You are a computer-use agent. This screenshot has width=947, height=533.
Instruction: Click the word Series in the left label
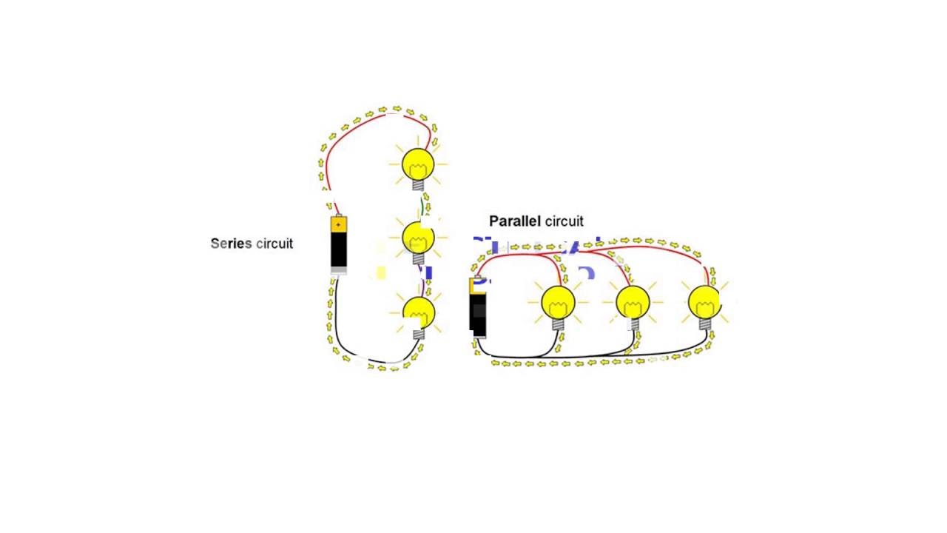(x=231, y=244)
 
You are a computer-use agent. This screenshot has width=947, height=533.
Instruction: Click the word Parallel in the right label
(x=515, y=221)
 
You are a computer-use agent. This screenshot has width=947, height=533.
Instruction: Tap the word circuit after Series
(x=274, y=244)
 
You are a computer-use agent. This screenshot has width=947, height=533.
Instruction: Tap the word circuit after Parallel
(x=565, y=221)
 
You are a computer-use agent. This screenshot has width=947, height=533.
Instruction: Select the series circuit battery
(x=338, y=245)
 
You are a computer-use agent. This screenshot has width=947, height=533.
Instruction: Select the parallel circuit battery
(x=478, y=308)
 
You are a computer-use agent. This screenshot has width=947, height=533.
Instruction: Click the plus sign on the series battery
(x=338, y=224)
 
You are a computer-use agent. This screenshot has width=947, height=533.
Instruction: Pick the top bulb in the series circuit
(x=418, y=164)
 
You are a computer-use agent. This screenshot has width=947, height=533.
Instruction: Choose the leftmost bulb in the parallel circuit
(x=558, y=302)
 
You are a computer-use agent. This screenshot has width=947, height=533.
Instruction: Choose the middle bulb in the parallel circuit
(x=633, y=302)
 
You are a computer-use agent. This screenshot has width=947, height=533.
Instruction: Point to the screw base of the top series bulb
(x=419, y=184)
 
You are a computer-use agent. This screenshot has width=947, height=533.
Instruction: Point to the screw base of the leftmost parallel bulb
(x=558, y=323)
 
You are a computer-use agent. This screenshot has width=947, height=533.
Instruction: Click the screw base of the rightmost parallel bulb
(x=704, y=323)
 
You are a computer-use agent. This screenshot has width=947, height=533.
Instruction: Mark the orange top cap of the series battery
(x=338, y=223)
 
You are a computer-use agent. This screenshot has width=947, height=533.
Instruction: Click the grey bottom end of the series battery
(x=338, y=270)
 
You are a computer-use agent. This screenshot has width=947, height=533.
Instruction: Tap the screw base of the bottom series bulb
(x=419, y=333)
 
